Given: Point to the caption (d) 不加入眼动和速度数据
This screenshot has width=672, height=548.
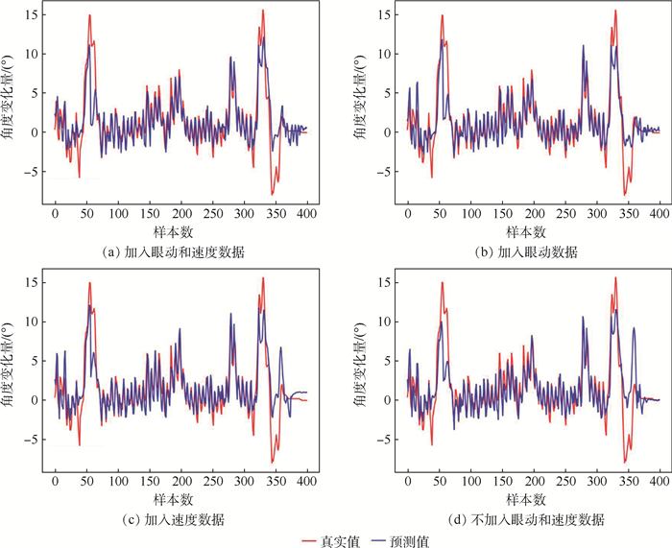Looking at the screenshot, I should click(x=525, y=519).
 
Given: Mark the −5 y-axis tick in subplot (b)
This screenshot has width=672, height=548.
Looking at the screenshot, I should click(x=387, y=172).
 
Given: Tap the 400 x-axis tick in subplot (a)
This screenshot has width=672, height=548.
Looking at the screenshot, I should click(x=307, y=213).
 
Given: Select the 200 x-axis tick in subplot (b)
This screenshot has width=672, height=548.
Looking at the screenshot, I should click(x=534, y=213).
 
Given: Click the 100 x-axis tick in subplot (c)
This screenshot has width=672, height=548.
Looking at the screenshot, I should click(x=118, y=481).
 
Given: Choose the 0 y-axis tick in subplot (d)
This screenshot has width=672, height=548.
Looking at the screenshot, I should click(x=390, y=400).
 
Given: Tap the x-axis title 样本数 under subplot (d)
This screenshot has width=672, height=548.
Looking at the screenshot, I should click(x=525, y=500).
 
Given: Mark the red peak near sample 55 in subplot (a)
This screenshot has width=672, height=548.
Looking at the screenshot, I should click(x=89, y=15).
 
